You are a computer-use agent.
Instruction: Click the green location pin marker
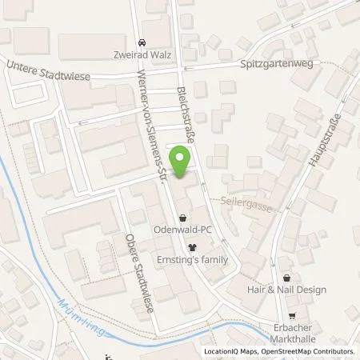pos(182,163)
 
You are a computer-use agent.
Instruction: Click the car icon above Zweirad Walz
pos(142,42)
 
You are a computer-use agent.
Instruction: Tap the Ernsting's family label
pos(192,260)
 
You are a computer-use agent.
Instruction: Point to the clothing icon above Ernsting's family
pos(192,247)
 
